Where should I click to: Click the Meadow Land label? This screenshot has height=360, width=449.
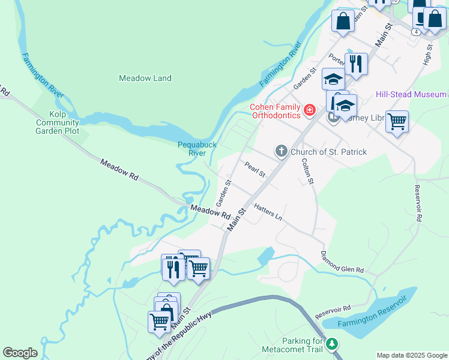(145, 78)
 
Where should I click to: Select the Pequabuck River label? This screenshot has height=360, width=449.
(193, 148)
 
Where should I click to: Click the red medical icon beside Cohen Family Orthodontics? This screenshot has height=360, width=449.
(310, 110)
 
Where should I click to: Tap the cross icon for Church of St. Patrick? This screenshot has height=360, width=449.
(282, 151)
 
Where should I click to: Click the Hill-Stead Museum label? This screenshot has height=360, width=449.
(411, 94)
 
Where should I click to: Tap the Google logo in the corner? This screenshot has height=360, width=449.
(20, 353)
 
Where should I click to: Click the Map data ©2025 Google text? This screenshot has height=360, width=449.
(412, 355)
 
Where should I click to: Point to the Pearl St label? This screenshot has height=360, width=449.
(255, 169)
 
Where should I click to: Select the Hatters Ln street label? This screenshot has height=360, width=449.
(268, 212)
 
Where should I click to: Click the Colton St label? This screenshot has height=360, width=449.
(307, 171)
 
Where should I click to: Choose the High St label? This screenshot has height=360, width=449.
(428, 55)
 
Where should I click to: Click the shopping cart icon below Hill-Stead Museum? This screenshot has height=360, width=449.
(397, 121)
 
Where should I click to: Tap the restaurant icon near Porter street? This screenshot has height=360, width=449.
(356, 64)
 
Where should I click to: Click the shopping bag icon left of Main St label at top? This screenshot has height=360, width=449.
(343, 21)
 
